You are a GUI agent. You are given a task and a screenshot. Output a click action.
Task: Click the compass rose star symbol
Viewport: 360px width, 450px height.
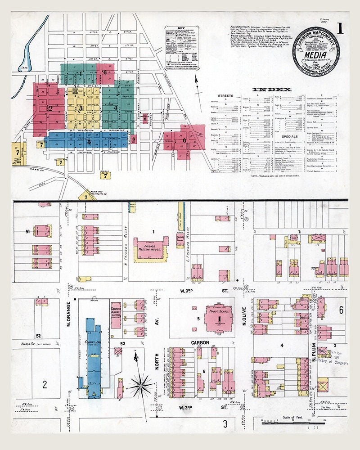click(141, 385)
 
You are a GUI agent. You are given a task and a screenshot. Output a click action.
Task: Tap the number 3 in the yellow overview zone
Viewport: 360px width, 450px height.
click(81, 108)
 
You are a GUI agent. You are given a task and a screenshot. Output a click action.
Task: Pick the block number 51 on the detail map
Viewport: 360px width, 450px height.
click(27, 231)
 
